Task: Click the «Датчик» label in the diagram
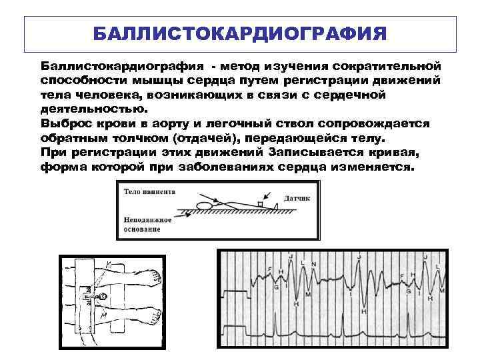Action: click(297, 198)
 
